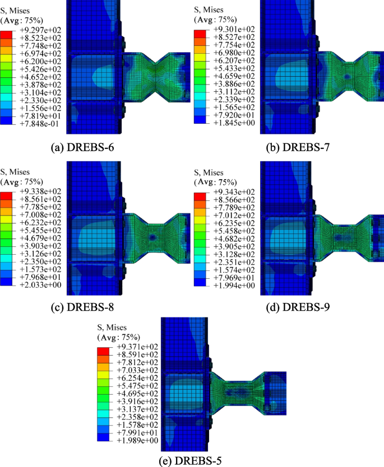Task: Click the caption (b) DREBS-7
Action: point(289,148)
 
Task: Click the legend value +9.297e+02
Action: point(38,30)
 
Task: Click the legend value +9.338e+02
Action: point(38,192)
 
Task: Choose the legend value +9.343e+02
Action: point(231,192)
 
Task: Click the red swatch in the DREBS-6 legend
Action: point(6,36)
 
